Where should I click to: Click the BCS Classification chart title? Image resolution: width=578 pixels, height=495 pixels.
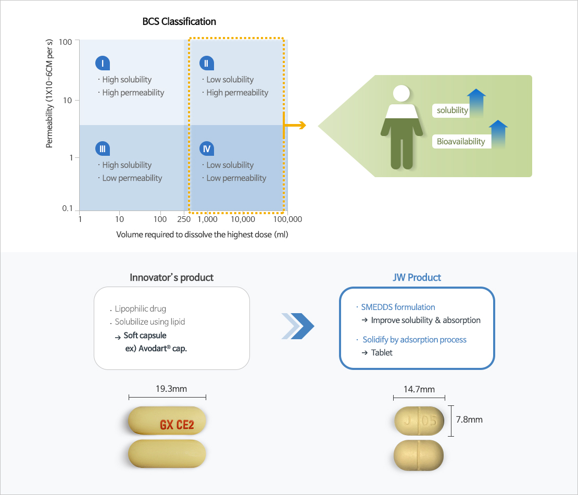coord(179,22)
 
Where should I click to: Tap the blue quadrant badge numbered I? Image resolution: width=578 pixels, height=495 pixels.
coord(103,64)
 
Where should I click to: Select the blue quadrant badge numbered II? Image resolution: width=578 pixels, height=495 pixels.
coord(207,64)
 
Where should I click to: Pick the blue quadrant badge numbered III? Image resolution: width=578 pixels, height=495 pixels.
coord(103,149)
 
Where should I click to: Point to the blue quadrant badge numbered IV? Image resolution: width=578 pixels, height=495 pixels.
coord(207,149)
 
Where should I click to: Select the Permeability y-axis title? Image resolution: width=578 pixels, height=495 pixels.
coord(49,94)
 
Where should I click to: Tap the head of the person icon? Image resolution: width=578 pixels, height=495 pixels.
coord(401,94)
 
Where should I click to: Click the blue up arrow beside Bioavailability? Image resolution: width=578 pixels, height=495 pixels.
coord(498,134)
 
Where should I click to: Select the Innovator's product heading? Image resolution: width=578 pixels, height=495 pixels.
coord(171,277)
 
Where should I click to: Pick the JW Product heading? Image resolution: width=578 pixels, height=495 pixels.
coord(417,277)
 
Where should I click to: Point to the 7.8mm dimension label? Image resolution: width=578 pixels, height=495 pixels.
coord(469,419)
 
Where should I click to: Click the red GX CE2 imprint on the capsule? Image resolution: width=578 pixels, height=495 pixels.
coord(177,425)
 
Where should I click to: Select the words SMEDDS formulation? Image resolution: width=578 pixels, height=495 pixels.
coord(398,307)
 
